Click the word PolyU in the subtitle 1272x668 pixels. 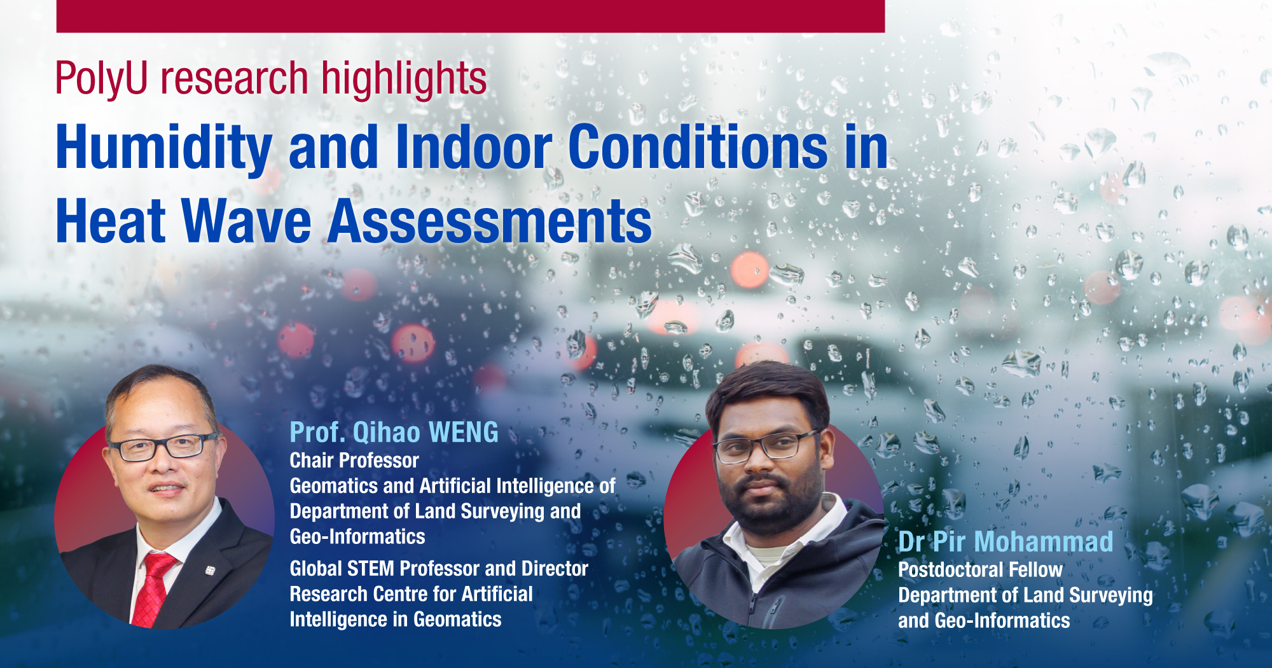102,80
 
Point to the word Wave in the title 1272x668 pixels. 247,221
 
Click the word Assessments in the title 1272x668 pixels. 490,221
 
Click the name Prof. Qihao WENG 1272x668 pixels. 394,433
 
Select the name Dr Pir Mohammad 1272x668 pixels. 1005,542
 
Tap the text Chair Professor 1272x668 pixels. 354,460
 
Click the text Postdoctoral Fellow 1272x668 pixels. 980,569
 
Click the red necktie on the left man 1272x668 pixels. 153,588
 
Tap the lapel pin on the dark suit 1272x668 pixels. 210,571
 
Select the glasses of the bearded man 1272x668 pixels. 763,447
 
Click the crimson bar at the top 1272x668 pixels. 471,16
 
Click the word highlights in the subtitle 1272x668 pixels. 404,80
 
